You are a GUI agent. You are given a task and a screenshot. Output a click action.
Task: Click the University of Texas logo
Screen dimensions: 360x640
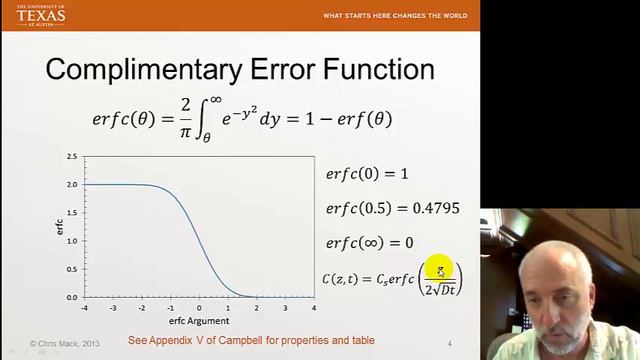(x=41, y=15)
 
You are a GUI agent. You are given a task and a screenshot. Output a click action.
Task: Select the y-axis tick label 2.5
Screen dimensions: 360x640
(x=71, y=157)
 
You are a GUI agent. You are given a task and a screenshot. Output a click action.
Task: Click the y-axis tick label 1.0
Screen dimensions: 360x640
(x=71, y=241)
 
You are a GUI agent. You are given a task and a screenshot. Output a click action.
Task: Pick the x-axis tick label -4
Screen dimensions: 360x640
(x=84, y=308)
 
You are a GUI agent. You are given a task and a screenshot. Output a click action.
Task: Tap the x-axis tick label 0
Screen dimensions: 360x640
(x=200, y=308)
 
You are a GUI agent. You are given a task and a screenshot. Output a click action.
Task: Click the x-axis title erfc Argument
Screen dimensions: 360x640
(x=200, y=321)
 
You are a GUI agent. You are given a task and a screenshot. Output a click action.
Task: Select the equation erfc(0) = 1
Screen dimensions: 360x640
(x=367, y=174)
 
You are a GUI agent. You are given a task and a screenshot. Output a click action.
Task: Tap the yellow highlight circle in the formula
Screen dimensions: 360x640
(x=440, y=269)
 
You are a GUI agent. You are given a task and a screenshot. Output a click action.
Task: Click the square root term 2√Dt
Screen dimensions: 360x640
(x=440, y=289)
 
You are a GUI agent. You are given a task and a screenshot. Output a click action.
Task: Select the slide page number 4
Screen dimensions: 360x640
(x=450, y=343)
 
